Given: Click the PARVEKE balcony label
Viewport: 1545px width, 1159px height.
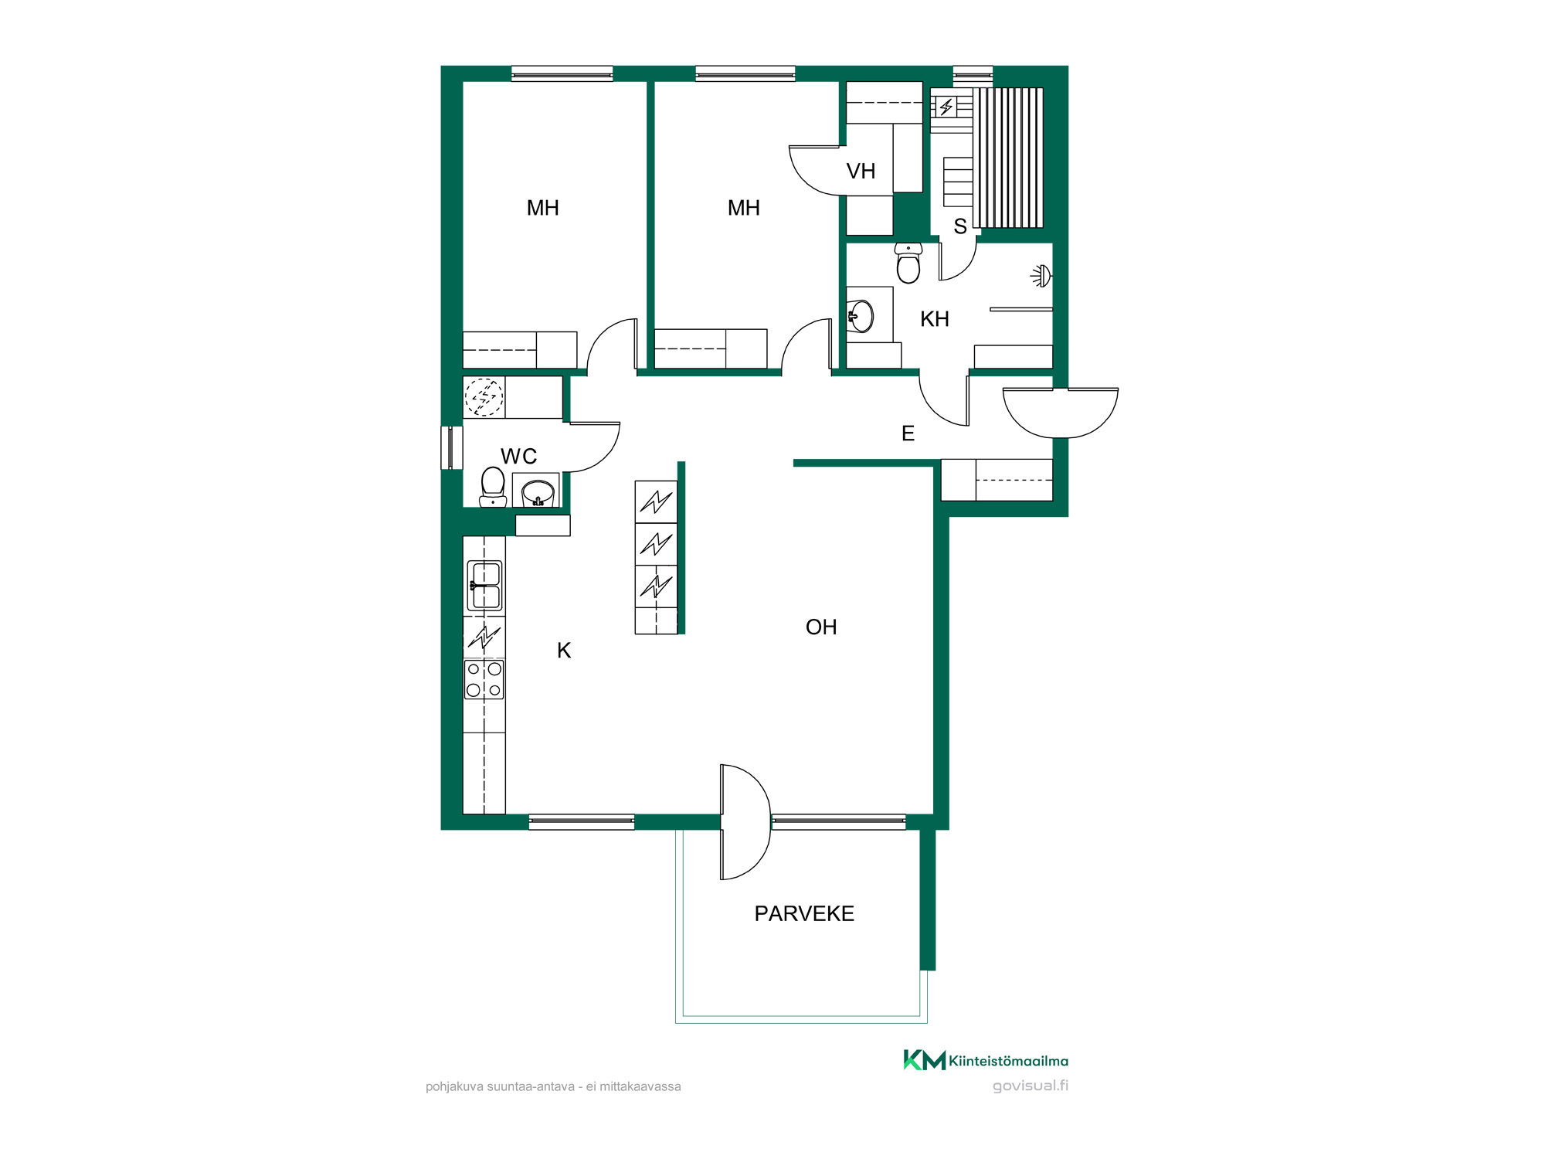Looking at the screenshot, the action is point(804,913).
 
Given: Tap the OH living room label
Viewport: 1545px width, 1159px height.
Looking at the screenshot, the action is point(821,627).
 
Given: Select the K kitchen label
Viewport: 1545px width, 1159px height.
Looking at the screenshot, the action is point(564,651).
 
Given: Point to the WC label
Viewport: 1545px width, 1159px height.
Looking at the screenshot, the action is point(518,456).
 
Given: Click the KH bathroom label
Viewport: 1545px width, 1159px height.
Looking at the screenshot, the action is point(935,318).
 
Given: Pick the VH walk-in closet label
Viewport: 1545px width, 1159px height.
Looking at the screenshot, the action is point(861,171).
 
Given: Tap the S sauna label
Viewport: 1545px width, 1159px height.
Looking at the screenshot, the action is point(960,226).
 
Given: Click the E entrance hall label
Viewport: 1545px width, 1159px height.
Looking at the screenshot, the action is point(908,433).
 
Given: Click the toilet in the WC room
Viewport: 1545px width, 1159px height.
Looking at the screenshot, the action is point(493,487).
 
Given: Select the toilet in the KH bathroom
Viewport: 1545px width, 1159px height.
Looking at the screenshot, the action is point(908,263).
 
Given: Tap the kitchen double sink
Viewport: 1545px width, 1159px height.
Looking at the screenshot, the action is point(484,586).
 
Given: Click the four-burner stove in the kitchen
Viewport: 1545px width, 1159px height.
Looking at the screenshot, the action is point(484,679).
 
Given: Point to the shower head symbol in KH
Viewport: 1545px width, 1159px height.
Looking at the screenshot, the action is point(1041,276).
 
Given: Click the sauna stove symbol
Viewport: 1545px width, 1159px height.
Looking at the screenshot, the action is point(946,107).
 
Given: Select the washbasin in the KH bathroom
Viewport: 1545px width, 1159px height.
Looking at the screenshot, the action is point(861,316).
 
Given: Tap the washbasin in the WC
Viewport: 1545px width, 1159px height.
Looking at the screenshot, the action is point(538,492).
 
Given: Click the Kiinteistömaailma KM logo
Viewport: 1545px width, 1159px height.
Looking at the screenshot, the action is point(986,1060).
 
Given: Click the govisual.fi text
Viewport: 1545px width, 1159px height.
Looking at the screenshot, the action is point(1031,1086).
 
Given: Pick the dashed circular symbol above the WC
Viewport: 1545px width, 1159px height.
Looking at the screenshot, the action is point(484,397).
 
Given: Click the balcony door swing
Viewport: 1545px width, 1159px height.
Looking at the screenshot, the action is point(746,822).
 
